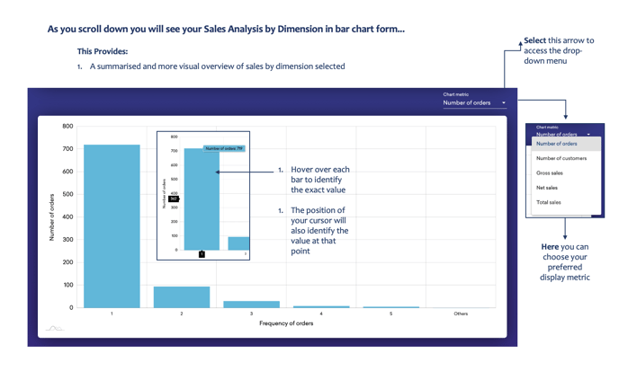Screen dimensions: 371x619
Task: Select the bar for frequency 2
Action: pos(182,297)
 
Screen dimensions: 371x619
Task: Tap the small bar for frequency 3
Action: pos(251,305)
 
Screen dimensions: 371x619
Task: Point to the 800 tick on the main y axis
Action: pos(67,127)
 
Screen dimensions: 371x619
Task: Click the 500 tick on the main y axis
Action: pos(67,194)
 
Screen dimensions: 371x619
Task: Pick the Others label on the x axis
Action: pos(461,314)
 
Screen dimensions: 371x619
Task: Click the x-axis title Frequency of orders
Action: pos(286,323)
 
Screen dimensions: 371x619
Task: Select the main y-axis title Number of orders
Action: pos(52,216)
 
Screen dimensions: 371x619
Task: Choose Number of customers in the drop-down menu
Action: pos(561,158)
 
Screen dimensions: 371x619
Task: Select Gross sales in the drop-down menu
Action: pos(550,172)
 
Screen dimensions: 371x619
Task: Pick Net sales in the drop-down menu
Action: pos(547,188)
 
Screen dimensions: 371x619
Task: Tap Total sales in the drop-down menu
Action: pos(549,202)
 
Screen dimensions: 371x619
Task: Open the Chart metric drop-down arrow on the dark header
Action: pos(504,103)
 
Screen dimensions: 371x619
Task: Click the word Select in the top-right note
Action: pos(534,40)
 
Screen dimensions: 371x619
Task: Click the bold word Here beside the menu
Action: pos(550,247)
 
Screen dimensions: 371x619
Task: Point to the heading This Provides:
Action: pos(103,52)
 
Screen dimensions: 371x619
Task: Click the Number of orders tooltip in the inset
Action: pos(224,148)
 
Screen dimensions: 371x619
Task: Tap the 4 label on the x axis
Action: pos(321,314)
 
